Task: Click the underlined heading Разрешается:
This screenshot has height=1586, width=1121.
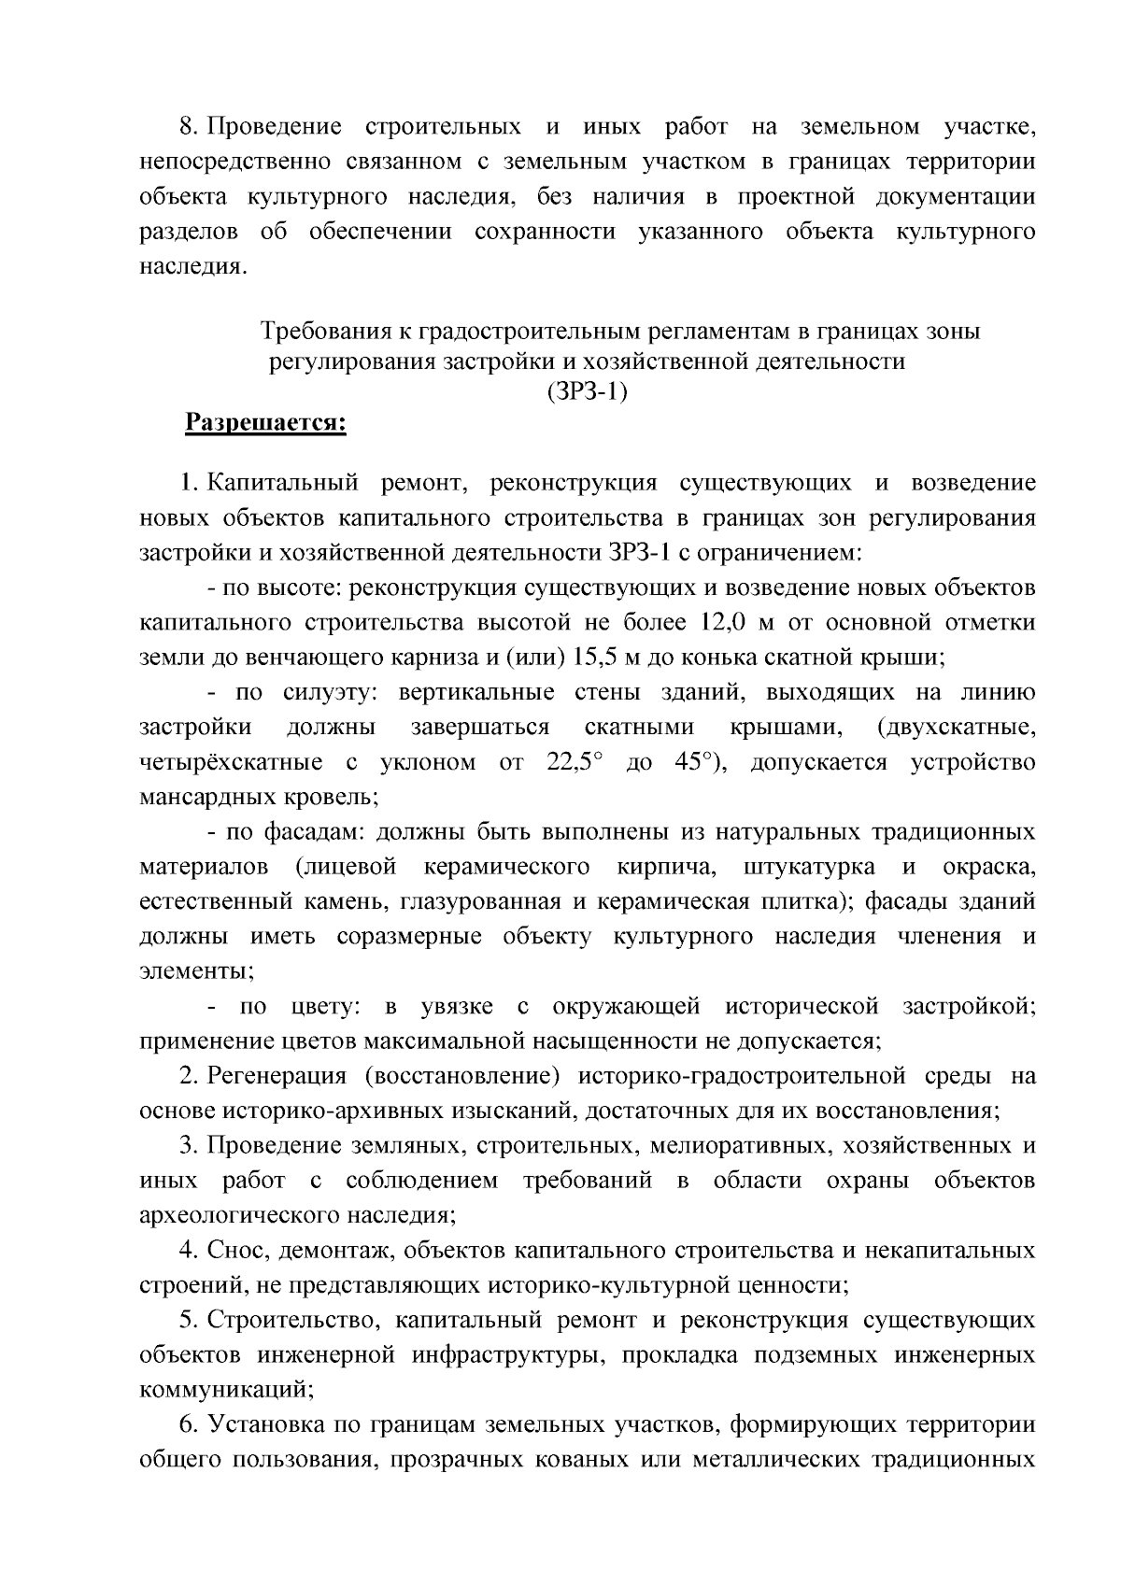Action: pos(265,424)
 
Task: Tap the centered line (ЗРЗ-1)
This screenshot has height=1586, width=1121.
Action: pos(587,392)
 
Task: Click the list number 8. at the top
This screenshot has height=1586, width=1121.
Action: pos(191,127)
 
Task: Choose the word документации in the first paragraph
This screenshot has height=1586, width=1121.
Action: pos(956,197)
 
